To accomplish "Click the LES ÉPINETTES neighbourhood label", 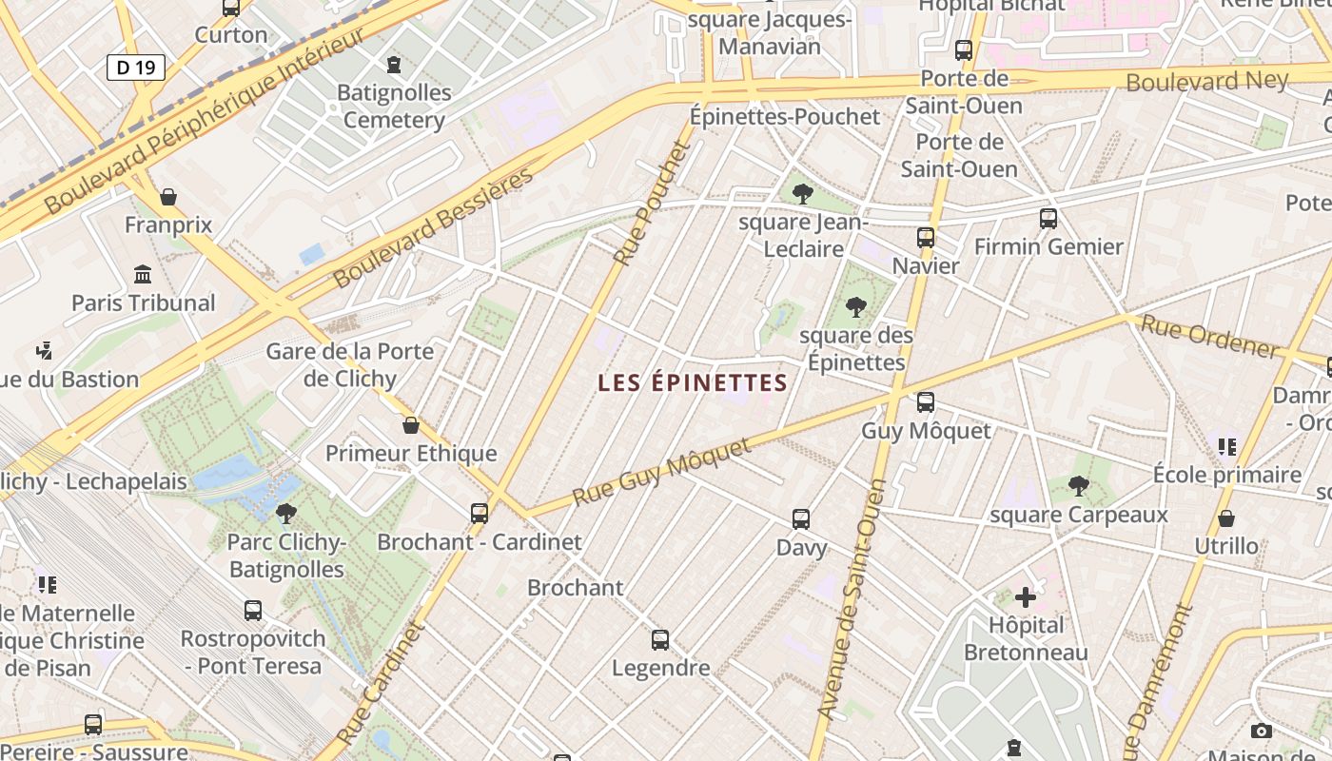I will (x=693, y=382).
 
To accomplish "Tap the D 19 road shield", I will (x=136, y=68).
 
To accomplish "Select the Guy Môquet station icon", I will (x=926, y=402).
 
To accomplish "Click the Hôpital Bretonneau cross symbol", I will (x=1026, y=597).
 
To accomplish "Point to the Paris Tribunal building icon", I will (x=143, y=275).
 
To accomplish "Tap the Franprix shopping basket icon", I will (x=168, y=197).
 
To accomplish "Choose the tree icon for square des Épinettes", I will (x=856, y=306).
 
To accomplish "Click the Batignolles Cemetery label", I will (x=394, y=107).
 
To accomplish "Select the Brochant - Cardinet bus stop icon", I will (x=480, y=514).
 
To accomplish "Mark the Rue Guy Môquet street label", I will (x=662, y=473).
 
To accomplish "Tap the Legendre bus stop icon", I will (x=660, y=640).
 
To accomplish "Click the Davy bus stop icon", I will (x=801, y=519).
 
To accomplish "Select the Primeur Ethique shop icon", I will (x=411, y=425).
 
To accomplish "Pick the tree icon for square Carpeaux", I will (x=1078, y=486).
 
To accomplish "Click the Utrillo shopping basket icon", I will (x=1226, y=518).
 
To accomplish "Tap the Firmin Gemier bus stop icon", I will (x=1048, y=219).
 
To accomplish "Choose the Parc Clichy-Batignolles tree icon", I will (x=285, y=515).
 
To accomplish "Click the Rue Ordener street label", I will (x=1209, y=337).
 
